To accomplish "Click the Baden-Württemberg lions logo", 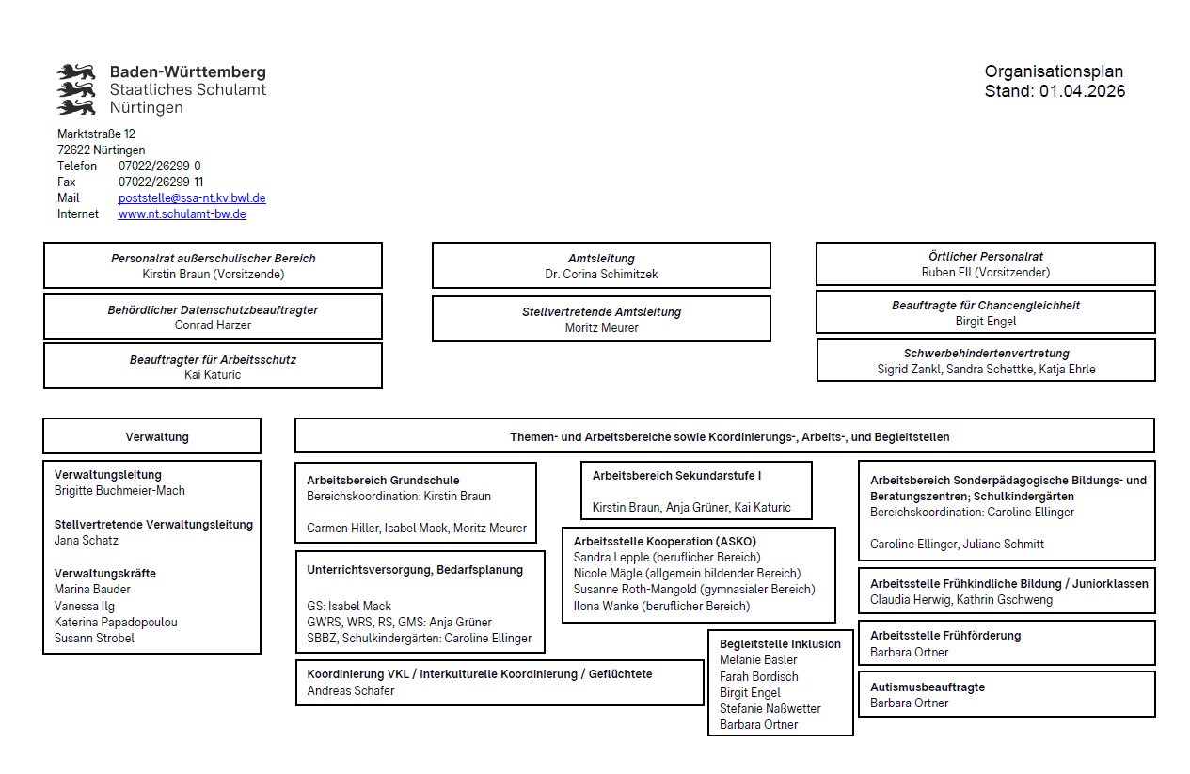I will point(77,89).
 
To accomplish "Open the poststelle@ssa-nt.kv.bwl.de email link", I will point(192,198).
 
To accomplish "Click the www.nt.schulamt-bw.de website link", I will point(182,214).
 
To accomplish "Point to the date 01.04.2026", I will point(1082,91).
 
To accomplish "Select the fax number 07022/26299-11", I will point(161,182).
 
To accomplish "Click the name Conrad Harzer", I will point(213,325).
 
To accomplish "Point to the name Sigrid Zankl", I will point(907,370).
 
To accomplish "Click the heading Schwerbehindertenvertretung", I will point(986,354).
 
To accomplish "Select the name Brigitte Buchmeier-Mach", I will point(119,491).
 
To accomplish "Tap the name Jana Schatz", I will point(87,541).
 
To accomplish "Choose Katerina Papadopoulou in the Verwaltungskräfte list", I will point(116,623).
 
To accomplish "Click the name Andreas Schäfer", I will point(351,691).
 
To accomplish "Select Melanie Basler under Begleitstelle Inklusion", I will point(758,660).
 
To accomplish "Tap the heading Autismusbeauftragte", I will point(928,687).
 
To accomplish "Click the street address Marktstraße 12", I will point(96,134).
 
